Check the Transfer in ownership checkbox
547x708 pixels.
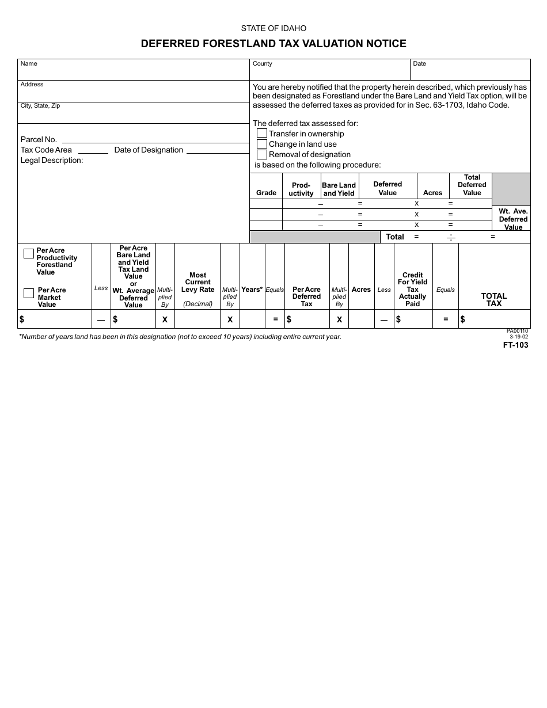[x=262, y=134]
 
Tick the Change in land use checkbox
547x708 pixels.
[x=262, y=144]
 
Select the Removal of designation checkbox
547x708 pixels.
[x=262, y=154]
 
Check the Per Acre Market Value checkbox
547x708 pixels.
[x=29, y=293]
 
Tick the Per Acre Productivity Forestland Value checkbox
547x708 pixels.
[x=29, y=253]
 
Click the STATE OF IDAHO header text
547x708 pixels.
[x=273, y=28]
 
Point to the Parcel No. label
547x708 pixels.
[x=39, y=139]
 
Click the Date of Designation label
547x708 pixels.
[x=149, y=150]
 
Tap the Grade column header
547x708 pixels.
[x=266, y=193]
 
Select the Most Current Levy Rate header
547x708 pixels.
[x=197, y=283]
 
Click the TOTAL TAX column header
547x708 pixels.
[x=494, y=299]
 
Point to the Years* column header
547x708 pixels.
[x=252, y=290]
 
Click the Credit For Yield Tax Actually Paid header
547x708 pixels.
[x=413, y=290]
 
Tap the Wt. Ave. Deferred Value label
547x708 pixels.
[x=513, y=219]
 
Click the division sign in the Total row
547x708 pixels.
[x=451, y=237]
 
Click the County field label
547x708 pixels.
[x=263, y=64]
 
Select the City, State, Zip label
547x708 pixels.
[x=40, y=106]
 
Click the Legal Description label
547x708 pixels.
[x=52, y=160]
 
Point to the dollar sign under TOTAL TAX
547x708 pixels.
[x=463, y=319]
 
